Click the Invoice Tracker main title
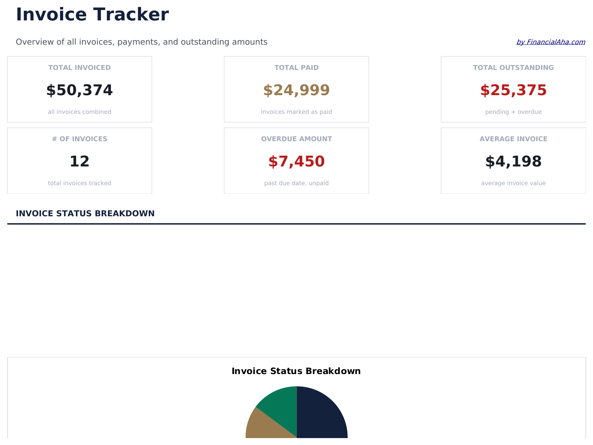(92, 15)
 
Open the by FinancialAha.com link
(550, 42)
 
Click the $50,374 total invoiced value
(80, 90)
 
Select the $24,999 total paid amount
(296, 90)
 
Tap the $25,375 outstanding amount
(513, 90)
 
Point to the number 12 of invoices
(80, 162)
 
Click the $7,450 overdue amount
(296, 162)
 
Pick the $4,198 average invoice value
(513, 162)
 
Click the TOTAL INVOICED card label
(80, 68)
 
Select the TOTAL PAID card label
(296, 68)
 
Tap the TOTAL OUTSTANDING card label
(513, 68)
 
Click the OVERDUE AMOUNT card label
(296, 139)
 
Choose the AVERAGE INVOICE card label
(513, 139)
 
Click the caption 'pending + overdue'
(513, 112)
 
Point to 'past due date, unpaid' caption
(296, 183)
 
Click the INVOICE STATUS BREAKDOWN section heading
(85, 214)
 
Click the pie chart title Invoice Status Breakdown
(296, 371)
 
